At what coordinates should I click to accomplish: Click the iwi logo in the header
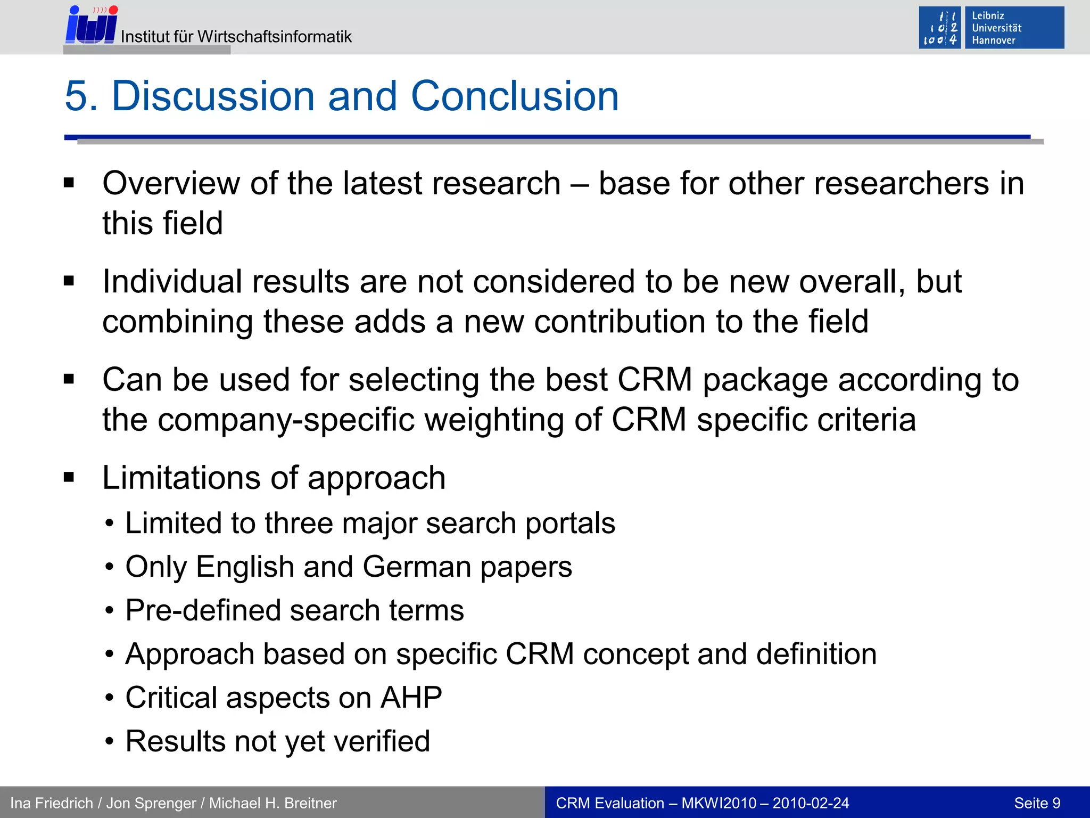coord(91,26)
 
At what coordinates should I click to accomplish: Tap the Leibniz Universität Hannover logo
coord(991,28)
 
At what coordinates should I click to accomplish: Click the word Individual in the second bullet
coord(172,282)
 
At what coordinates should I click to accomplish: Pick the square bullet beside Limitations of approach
coord(69,477)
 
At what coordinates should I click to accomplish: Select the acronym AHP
coord(411,698)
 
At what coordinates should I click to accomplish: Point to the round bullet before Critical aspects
coord(109,698)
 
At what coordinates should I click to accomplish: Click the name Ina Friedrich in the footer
coord(51,803)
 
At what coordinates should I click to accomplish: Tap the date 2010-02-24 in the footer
coord(811,803)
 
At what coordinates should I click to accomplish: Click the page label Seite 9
coord(1037,803)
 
